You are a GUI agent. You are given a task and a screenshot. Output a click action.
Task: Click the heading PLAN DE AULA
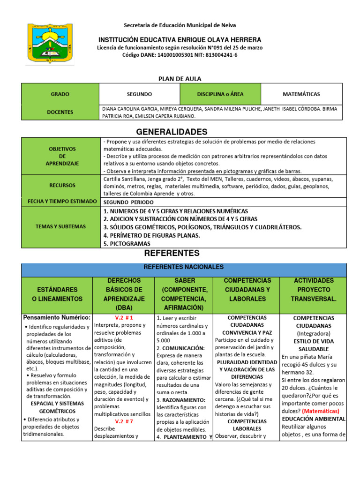tap(180, 79)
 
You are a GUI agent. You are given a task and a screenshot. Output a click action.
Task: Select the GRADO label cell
tap(60, 94)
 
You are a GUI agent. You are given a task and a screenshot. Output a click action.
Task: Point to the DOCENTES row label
tap(60, 112)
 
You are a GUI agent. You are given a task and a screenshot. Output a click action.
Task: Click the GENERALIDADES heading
tap(172, 132)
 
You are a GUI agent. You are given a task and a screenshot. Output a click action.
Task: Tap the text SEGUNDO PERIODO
tap(128, 202)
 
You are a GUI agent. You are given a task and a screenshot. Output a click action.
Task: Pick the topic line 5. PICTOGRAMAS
tap(127, 244)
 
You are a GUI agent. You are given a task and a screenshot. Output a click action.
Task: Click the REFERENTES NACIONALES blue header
tap(183, 267)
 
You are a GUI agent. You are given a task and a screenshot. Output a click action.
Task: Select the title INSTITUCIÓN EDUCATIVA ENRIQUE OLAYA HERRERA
tap(180, 40)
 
